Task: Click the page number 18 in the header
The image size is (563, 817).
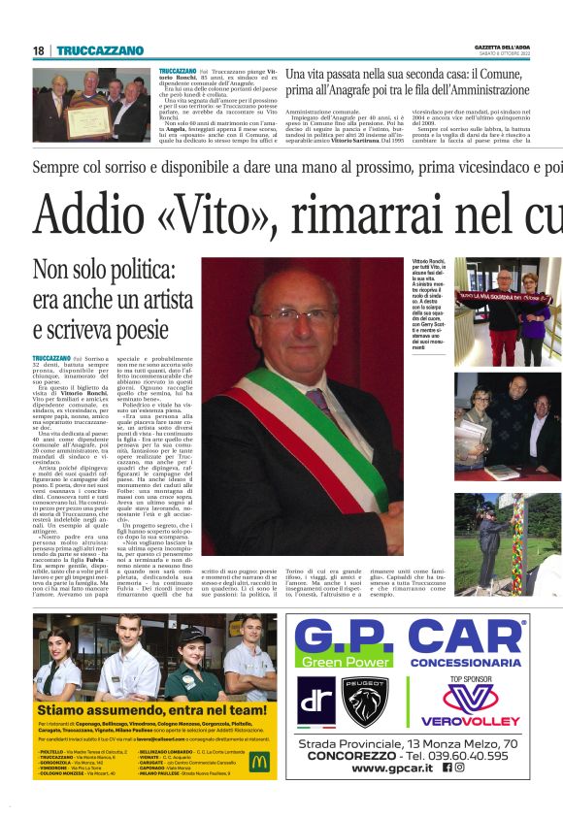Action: [38, 50]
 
